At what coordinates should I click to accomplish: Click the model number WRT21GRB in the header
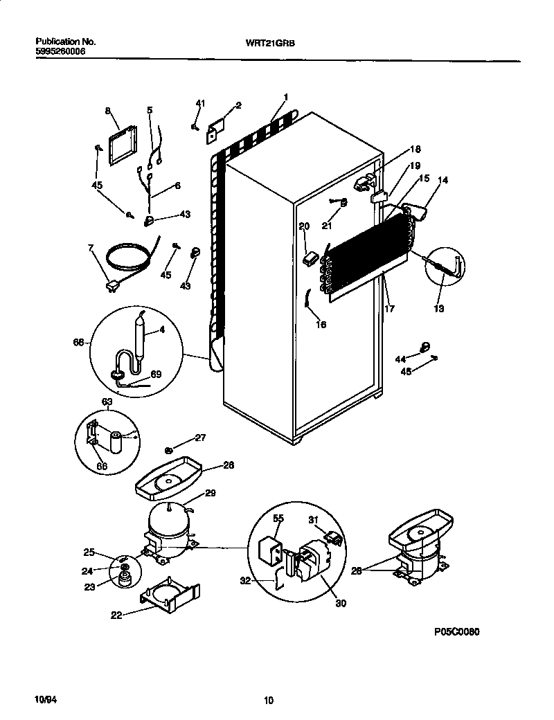pos(265,42)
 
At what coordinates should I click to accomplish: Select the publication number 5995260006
pos(60,51)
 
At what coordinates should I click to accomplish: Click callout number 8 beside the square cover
pos(108,110)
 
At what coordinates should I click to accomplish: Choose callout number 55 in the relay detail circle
pos(278,518)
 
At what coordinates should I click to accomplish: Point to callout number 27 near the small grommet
pos(199,437)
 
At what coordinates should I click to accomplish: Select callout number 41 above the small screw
pos(200,103)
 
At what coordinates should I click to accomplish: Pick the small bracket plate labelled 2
pos(217,130)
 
